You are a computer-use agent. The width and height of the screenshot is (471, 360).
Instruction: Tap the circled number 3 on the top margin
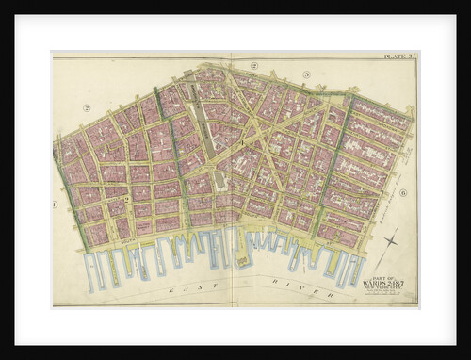point(306,74)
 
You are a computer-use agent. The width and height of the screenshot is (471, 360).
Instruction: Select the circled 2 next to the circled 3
point(254,65)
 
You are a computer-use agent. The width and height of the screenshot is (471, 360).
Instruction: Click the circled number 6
point(402,192)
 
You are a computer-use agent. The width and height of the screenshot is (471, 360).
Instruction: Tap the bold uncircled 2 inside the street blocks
point(127,201)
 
